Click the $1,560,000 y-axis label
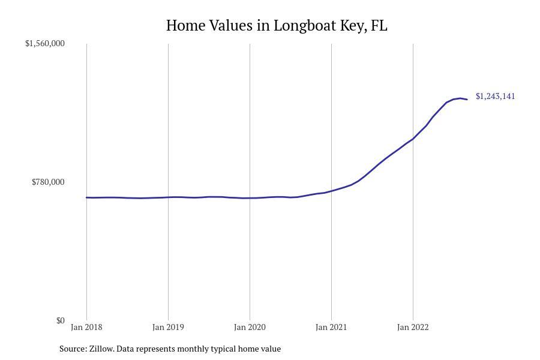click(44, 43)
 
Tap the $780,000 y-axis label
click(48, 182)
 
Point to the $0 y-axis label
click(60, 320)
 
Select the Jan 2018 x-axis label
click(86, 327)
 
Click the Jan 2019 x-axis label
click(168, 327)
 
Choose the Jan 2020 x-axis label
click(250, 327)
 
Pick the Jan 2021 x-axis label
click(331, 327)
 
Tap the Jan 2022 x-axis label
click(413, 327)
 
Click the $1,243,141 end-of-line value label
click(495, 96)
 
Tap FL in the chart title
click(379, 26)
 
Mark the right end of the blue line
click(467, 99)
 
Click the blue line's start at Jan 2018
click(86, 197)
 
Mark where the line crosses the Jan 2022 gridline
click(413, 139)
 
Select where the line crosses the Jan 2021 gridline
click(331, 191)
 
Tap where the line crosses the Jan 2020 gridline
click(250, 198)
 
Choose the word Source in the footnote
click(72, 349)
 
